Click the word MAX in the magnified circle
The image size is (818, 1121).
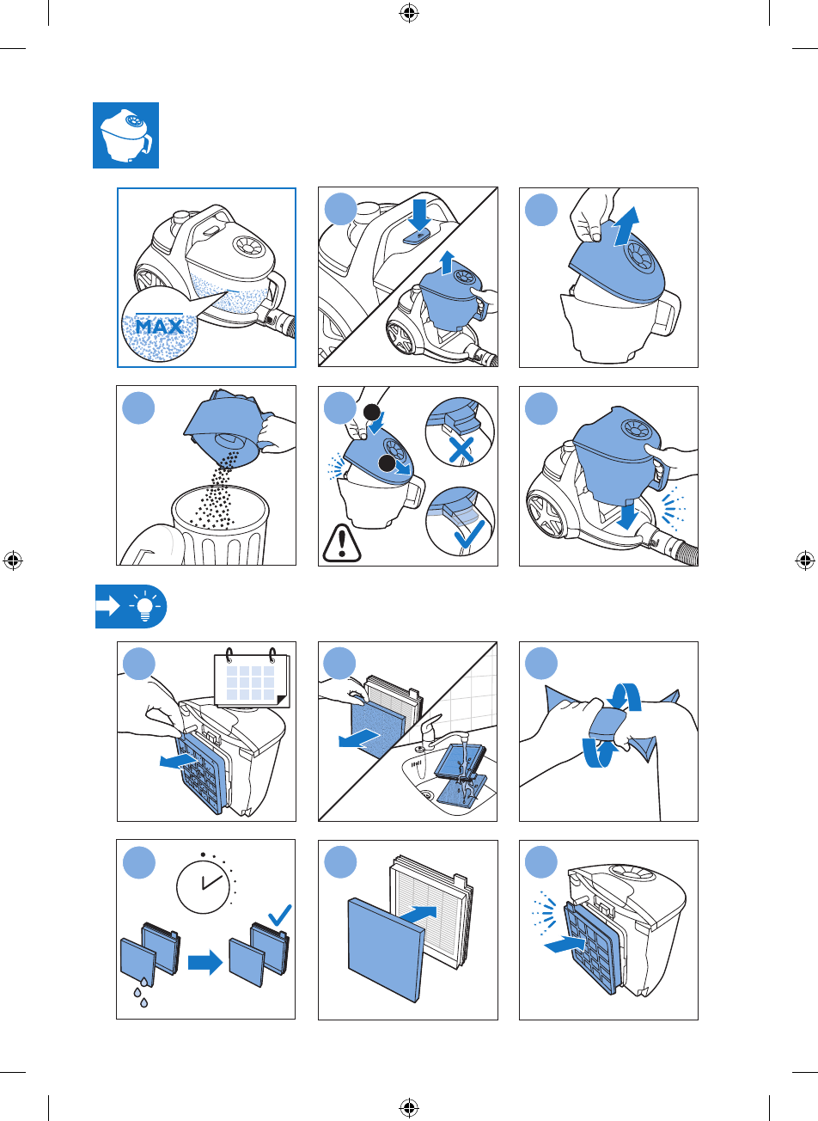[159, 327]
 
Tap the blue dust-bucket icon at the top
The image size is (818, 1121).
[125, 136]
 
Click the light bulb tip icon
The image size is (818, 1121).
[144, 605]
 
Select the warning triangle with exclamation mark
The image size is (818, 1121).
[342, 542]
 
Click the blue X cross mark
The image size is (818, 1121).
[461, 450]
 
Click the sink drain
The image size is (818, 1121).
[425, 793]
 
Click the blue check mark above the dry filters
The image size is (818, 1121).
[280, 916]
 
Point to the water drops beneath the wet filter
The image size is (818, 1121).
[141, 992]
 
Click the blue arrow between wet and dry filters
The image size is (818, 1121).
[205, 962]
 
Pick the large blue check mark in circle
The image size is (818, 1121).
[469, 536]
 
